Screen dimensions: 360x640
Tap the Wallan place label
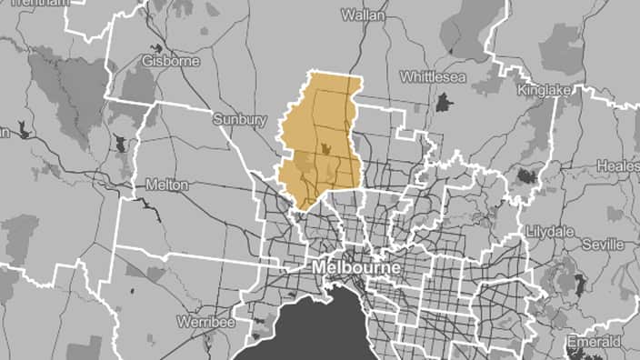pos(363,15)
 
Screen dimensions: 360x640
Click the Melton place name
pos(166,185)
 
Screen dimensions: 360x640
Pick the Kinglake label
pos(542,91)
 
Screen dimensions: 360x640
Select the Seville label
pos(603,245)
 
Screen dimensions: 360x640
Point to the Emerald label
pos(595,342)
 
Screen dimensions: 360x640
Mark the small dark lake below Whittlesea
pos(444,103)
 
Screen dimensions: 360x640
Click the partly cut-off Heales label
pos(618,166)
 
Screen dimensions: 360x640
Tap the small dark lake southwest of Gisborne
pos(121,144)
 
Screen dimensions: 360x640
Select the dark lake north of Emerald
pos(580,284)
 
